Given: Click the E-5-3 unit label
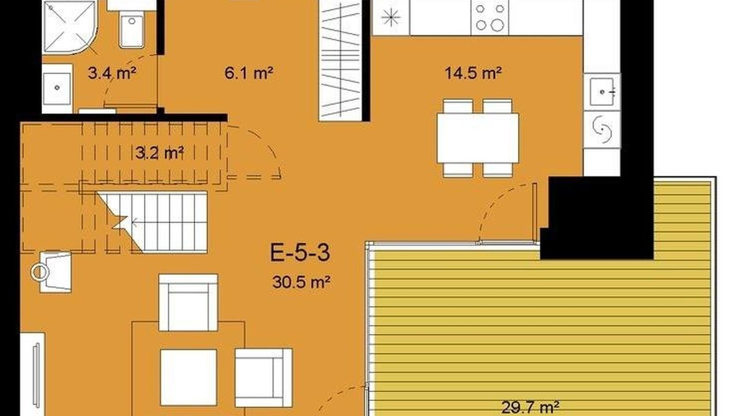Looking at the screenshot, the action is tap(300, 252).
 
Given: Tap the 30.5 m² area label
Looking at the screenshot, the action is tap(301, 283).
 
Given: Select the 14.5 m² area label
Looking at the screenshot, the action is tap(473, 73).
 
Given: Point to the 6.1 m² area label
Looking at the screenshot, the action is tap(249, 73).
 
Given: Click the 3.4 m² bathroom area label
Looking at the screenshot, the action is tap(112, 73).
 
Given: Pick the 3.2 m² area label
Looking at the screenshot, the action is tap(160, 153).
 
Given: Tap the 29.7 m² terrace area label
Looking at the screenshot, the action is tap(530, 408).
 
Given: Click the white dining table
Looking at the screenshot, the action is tap(478, 138).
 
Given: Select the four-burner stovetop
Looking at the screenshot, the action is tap(490, 17).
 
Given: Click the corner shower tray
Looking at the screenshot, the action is tap(70, 27).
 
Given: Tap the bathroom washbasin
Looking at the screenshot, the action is tap(57, 88).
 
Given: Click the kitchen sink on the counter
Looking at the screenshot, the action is tap(602, 92).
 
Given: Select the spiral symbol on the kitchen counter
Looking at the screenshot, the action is tap(602, 129).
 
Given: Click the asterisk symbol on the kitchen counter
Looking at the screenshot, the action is tap(391, 17).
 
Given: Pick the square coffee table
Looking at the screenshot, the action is tap(188, 377).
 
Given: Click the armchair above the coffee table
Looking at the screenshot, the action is tap(188, 302).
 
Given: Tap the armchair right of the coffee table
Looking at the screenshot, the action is tap(264, 378).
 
